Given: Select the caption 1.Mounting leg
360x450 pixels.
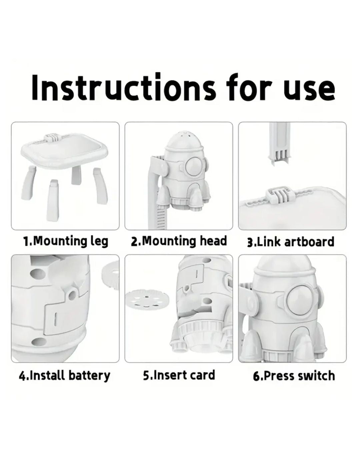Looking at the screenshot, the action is (x=65, y=242).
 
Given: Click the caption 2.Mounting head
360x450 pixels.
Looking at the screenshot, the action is (x=179, y=241).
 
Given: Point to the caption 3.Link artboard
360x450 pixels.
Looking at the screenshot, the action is (x=291, y=242).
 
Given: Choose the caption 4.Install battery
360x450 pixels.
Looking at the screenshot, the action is (x=64, y=376).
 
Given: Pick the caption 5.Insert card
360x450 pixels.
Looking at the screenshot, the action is (x=179, y=375).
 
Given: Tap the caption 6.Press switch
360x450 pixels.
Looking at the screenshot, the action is (x=294, y=376).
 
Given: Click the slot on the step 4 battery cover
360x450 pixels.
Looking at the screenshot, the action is (x=56, y=319).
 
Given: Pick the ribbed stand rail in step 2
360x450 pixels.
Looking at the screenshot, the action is (x=161, y=217).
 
